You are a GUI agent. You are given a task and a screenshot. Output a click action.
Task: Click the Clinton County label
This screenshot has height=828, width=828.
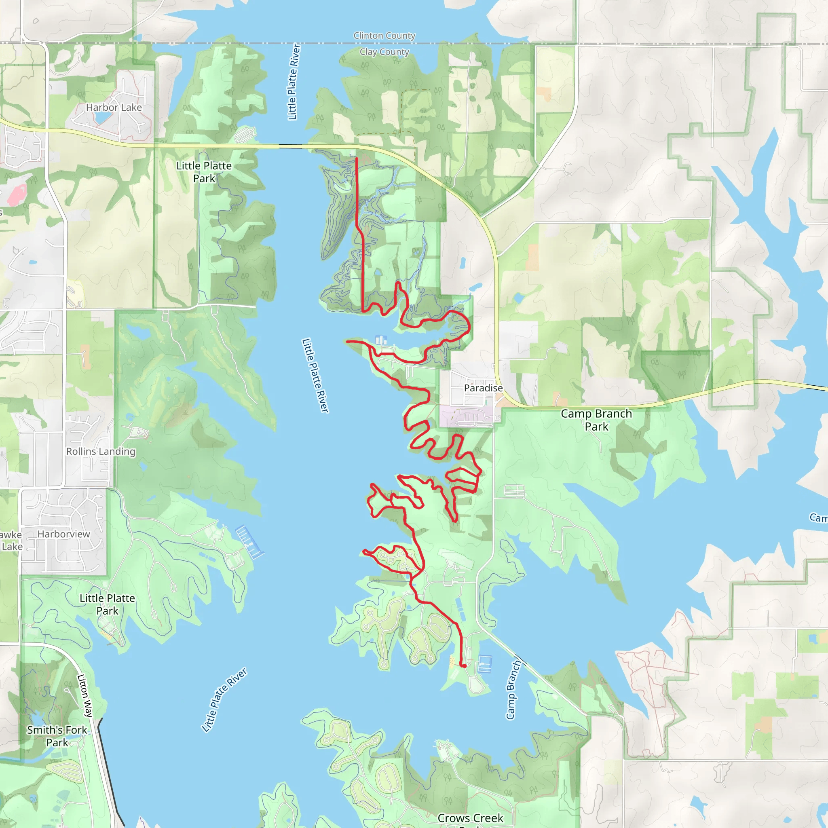[384, 36]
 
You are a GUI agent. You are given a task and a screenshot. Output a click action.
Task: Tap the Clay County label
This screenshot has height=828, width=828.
[384, 52]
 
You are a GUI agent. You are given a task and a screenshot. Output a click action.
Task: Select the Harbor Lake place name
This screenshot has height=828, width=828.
[114, 108]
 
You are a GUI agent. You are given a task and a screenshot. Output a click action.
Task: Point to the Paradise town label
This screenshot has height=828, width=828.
[483, 388]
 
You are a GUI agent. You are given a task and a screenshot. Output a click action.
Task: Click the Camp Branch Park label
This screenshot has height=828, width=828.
[596, 420]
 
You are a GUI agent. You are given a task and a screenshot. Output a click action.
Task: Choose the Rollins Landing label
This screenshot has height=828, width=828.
[101, 451]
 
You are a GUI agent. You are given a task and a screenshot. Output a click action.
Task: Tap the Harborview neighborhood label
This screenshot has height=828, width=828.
[64, 534]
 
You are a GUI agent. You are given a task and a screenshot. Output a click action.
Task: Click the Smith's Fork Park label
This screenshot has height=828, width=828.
[57, 736]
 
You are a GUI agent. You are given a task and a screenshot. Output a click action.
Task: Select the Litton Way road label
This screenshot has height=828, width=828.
[85, 695]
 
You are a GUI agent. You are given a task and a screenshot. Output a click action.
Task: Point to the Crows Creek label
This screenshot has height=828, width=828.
[470, 818]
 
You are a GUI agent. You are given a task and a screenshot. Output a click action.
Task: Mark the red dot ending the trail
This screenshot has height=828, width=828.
[464, 665]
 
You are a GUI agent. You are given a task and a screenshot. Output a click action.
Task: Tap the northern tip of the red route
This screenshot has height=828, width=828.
[356, 158]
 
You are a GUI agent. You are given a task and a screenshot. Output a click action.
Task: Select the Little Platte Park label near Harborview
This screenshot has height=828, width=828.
[107, 604]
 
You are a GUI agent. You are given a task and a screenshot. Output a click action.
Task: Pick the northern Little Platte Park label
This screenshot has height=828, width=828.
[204, 172]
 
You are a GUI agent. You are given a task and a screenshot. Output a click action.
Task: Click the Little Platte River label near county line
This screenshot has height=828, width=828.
[294, 81]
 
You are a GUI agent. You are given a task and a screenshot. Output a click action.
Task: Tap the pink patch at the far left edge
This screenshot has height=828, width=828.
[16, 194]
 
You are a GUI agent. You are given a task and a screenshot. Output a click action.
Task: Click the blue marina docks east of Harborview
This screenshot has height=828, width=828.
[249, 542]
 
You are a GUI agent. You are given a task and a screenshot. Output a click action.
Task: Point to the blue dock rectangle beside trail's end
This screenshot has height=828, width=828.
[485, 664]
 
